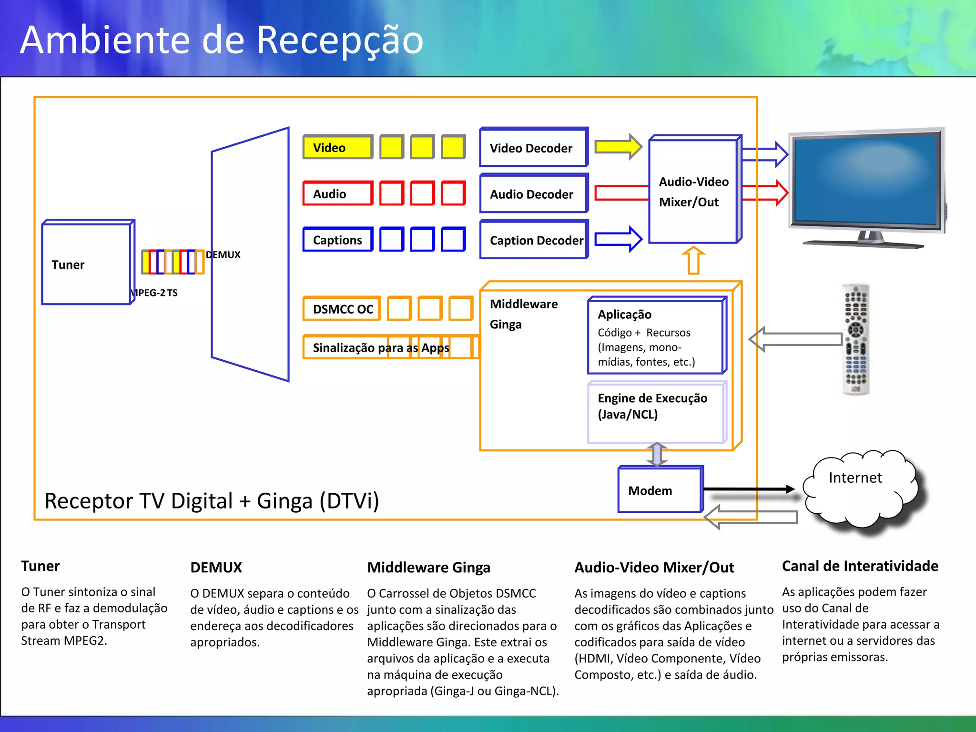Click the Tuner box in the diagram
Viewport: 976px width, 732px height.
click(86, 264)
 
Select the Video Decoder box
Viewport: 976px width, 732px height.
click(533, 148)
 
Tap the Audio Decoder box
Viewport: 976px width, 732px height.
click(533, 194)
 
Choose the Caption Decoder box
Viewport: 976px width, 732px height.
click(533, 240)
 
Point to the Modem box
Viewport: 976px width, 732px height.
click(660, 490)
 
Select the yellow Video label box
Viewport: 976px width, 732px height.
click(337, 147)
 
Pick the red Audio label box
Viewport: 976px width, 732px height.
click(337, 193)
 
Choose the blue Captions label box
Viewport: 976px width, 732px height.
click(337, 240)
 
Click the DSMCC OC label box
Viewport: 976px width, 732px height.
click(342, 309)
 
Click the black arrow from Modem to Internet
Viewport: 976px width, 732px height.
click(748, 489)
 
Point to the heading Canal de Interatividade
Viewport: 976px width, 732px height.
click(860, 566)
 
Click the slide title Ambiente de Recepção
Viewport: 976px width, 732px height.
click(222, 40)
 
